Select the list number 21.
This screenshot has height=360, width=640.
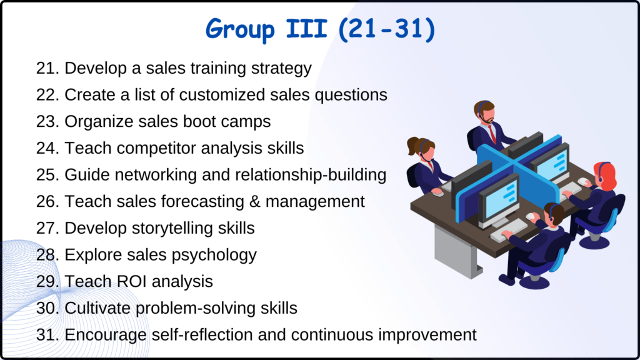click(47, 68)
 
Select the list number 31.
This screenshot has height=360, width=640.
click(47, 334)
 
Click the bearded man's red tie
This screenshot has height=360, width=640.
click(492, 133)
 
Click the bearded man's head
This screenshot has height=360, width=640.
click(484, 112)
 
